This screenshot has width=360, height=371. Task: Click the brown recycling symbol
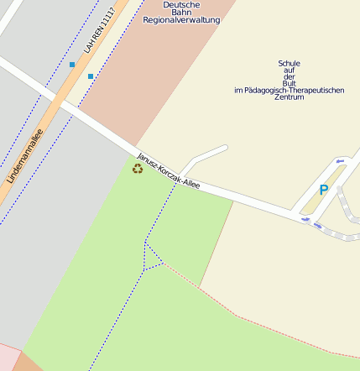[x=138, y=169]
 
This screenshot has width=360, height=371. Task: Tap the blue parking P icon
[x=323, y=191]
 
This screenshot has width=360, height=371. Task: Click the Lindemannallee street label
[x=24, y=156]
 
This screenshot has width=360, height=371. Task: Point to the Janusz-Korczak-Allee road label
[x=169, y=170]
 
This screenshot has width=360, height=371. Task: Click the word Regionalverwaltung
[x=181, y=19]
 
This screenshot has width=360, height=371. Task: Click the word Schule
[x=289, y=63]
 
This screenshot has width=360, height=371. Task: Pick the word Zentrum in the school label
[x=289, y=97]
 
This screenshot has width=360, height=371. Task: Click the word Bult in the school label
[x=289, y=83]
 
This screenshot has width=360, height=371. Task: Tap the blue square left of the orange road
[x=72, y=64]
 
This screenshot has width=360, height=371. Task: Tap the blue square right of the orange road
[x=91, y=76]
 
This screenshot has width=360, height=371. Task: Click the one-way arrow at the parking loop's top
[x=340, y=161]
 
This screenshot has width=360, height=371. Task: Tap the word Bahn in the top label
[x=181, y=12]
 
